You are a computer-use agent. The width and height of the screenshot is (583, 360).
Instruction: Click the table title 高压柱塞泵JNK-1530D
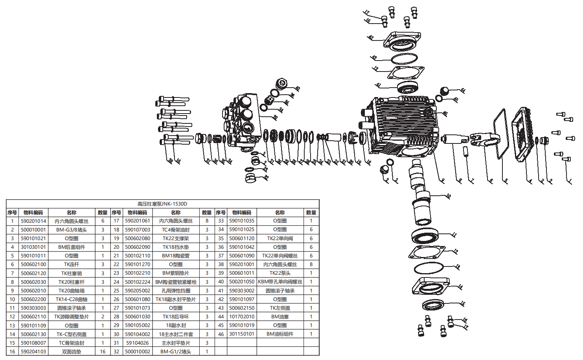click(x=162, y=204)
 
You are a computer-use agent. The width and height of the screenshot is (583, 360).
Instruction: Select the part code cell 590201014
click(x=33, y=221)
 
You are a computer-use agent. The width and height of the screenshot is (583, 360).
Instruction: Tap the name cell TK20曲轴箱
click(x=72, y=291)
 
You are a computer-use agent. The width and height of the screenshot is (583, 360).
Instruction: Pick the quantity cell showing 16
click(x=103, y=352)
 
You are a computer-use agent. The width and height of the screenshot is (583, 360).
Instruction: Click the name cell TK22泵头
click(x=280, y=273)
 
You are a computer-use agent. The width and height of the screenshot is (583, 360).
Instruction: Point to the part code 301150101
click(x=242, y=334)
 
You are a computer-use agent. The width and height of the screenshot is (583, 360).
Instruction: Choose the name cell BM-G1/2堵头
click(x=176, y=352)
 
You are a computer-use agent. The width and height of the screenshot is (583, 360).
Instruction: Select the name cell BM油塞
click(x=280, y=317)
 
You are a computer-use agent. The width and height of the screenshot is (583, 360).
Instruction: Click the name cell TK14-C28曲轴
click(x=72, y=299)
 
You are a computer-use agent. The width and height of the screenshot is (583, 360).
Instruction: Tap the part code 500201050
click(x=242, y=282)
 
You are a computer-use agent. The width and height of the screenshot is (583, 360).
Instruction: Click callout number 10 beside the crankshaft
click(x=448, y=196)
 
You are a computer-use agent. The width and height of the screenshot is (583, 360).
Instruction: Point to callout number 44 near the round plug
click(x=463, y=90)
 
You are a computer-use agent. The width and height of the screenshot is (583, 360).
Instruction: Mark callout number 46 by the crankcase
click(x=445, y=114)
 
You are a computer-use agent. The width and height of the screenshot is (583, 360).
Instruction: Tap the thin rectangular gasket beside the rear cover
click(x=500, y=134)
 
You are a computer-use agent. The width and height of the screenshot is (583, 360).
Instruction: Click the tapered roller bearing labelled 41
click(x=407, y=87)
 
